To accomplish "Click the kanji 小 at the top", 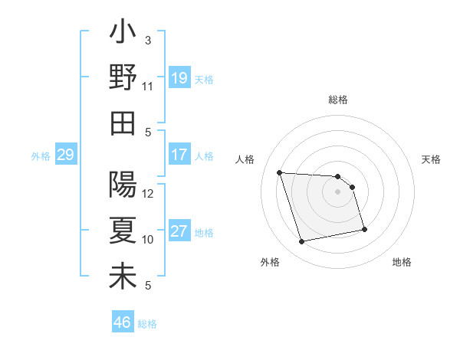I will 123,34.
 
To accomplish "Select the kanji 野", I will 123,78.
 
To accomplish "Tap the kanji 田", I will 123,123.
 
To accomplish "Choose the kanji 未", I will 123,276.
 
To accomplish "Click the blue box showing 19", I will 179,77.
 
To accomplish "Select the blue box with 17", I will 179,155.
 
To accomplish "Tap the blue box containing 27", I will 179,231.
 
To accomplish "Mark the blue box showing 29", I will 65,155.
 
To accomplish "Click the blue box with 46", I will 122,322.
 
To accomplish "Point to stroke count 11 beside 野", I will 147,86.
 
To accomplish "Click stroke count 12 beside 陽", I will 148,193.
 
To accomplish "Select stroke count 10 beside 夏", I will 148,240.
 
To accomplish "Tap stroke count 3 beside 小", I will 148,40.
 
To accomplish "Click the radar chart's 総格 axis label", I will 338,100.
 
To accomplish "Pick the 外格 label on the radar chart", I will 270,262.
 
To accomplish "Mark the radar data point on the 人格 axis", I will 280,172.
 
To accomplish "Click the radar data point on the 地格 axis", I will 363,229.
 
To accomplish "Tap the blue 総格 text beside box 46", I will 147,324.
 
